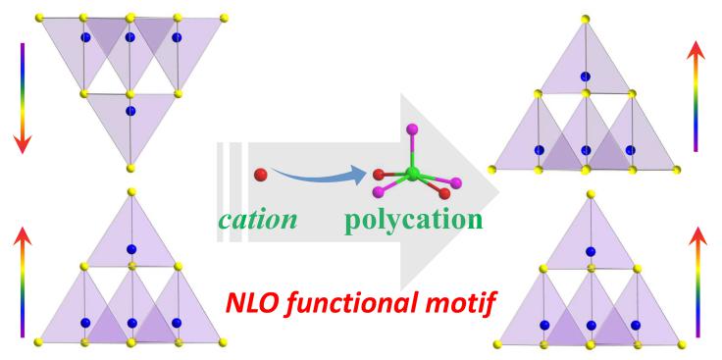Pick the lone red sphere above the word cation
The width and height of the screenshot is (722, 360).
[x=260, y=175]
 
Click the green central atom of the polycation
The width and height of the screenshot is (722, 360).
[x=411, y=174]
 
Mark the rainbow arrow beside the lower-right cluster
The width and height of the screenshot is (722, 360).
[x=697, y=281]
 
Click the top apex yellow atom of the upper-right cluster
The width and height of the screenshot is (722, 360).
[x=586, y=20]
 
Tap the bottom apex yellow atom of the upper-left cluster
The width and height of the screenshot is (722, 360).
[x=130, y=165]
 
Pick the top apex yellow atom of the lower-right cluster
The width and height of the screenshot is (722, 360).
[x=591, y=194]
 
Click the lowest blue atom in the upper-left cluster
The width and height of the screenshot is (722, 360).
[x=130, y=111]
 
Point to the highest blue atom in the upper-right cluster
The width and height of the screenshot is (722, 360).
[x=586, y=75]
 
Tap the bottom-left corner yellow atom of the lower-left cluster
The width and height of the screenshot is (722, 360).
[x=39, y=341]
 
